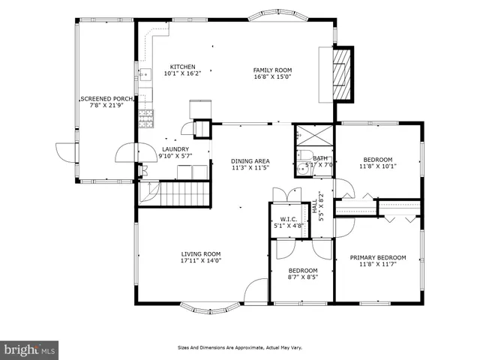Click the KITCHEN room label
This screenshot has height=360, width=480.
point(183,67)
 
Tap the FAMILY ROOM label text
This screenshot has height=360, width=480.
point(272,70)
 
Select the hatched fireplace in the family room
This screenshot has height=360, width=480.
point(342,74)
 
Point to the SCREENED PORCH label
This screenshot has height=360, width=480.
point(106,99)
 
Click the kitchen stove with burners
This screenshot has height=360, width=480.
point(146,118)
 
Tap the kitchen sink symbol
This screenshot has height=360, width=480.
point(146,74)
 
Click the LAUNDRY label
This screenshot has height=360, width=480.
point(175,149)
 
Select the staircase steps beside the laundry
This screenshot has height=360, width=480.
point(184,194)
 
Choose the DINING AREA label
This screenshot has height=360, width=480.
point(250,161)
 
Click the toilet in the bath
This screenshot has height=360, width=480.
point(305,154)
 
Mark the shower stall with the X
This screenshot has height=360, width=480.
point(314,135)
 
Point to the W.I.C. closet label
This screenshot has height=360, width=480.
point(289,219)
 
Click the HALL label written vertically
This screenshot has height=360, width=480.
point(315,206)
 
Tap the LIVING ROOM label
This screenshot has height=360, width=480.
point(201,254)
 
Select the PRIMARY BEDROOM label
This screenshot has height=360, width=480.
point(378,258)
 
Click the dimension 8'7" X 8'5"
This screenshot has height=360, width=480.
point(303,277)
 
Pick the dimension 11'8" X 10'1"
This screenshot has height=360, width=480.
point(378,166)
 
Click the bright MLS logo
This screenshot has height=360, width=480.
point(29,349)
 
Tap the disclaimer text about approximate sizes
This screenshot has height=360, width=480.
point(240,348)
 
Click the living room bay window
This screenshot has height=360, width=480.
point(210,308)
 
